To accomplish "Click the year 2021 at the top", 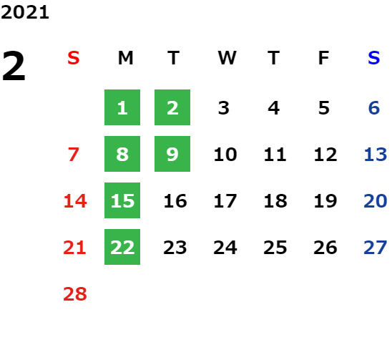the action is (25, 12).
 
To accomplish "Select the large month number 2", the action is (14, 66).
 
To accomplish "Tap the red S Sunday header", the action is (74, 58).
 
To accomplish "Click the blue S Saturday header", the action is (373, 58).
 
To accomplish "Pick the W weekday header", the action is (227, 58).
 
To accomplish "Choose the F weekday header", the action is (323, 58).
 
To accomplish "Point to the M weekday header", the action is (125, 58).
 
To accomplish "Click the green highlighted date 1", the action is (122, 107).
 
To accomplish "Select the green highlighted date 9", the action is (172, 154).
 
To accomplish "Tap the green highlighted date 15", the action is (122, 200).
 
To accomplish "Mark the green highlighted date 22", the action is (122, 247).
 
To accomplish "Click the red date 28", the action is (75, 294).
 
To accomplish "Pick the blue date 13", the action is (376, 155).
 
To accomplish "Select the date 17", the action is (225, 201).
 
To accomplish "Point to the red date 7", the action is (74, 155).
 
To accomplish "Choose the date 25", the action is (275, 248).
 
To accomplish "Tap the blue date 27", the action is (376, 248).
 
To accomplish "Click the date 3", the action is (223, 108).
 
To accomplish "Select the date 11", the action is (275, 155).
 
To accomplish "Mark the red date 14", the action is (75, 201).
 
